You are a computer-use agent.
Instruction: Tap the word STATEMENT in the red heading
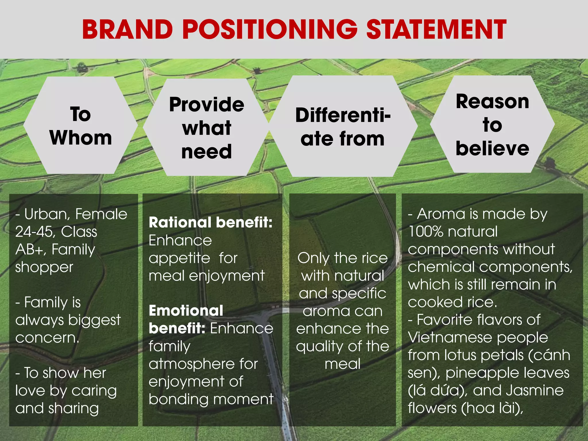coord(436,29)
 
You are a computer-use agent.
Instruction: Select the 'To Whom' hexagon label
coord(81,126)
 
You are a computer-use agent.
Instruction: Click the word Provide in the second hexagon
coord(206,105)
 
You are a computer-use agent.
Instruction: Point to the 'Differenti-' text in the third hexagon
coord(343,115)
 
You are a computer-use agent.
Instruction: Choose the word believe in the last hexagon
coord(492,149)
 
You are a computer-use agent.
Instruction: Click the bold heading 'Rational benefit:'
coord(210,223)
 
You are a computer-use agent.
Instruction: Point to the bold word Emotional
coord(186,311)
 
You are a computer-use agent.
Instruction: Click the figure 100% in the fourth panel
coord(425,232)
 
